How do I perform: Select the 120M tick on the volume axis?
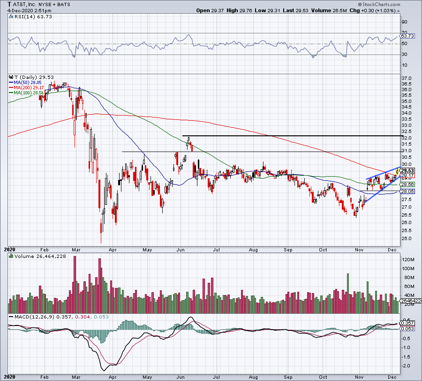click(407, 260)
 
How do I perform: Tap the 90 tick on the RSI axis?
click(404, 22)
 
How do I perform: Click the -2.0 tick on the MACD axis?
click(407, 365)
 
